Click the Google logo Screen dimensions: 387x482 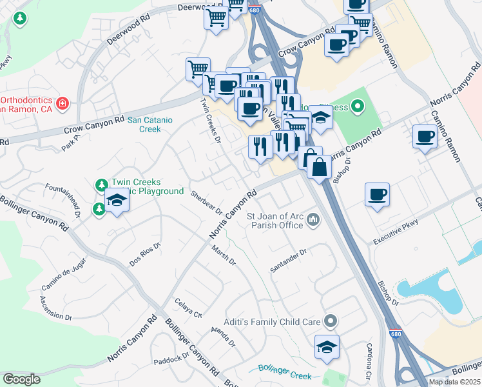pyautogui.click(x=21, y=379)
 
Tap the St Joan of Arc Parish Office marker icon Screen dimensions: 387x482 pyautogui.click(x=313, y=221)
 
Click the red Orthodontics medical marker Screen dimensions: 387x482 pyautogui.click(x=63, y=103)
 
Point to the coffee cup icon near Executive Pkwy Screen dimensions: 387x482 pyautogui.click(x=377, y=193)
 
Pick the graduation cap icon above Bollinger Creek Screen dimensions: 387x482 pyautogui.click(x=327, y=346)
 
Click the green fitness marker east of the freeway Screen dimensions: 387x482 pyautogui.click(x=357, y=106)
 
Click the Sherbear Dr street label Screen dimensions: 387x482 pyautogui.click(x=206, y=203)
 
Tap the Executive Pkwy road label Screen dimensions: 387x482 pyautogui.click(x=396, y=232)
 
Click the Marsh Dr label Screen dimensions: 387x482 pyautogui.click(x=224, y=255)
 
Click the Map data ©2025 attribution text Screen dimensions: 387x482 pyautogui.click(x=454, y=382)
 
